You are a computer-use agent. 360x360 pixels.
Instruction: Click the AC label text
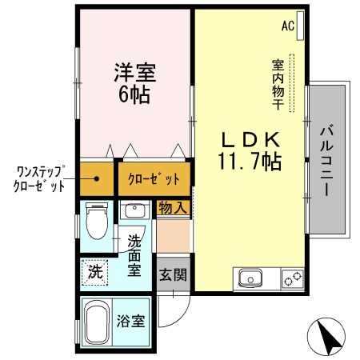pyautogui.click(x=286, y=25)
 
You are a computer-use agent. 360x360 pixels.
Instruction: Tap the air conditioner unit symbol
pyautogui.click(x=300, y=22)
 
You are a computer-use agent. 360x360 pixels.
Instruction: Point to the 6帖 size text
pyautogui.click(x=133, y=94)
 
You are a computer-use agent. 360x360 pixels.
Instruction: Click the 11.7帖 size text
pyautogui.click(x=249, y=162)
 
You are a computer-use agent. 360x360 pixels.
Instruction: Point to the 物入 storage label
pyautogui.click(x=173, y=208)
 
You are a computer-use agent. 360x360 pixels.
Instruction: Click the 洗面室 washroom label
pyautogui.click(x=134, y=255)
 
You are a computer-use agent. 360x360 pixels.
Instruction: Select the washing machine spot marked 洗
pyautogui.click(x=96, y=271)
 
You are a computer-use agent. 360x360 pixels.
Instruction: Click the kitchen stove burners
pyautogui.click(x=292, y=278)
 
